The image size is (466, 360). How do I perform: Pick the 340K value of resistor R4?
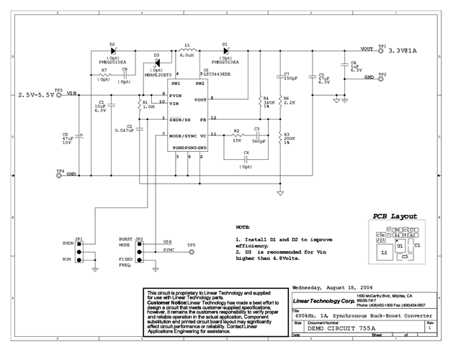click(x=269, y=102)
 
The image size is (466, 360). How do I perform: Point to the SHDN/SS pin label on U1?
click(x=180, y=119)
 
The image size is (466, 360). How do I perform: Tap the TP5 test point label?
click(x=191, y=245)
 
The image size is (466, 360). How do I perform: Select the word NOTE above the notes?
click(x=243, y=226)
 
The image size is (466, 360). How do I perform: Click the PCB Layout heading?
click(x=395, y=216)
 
